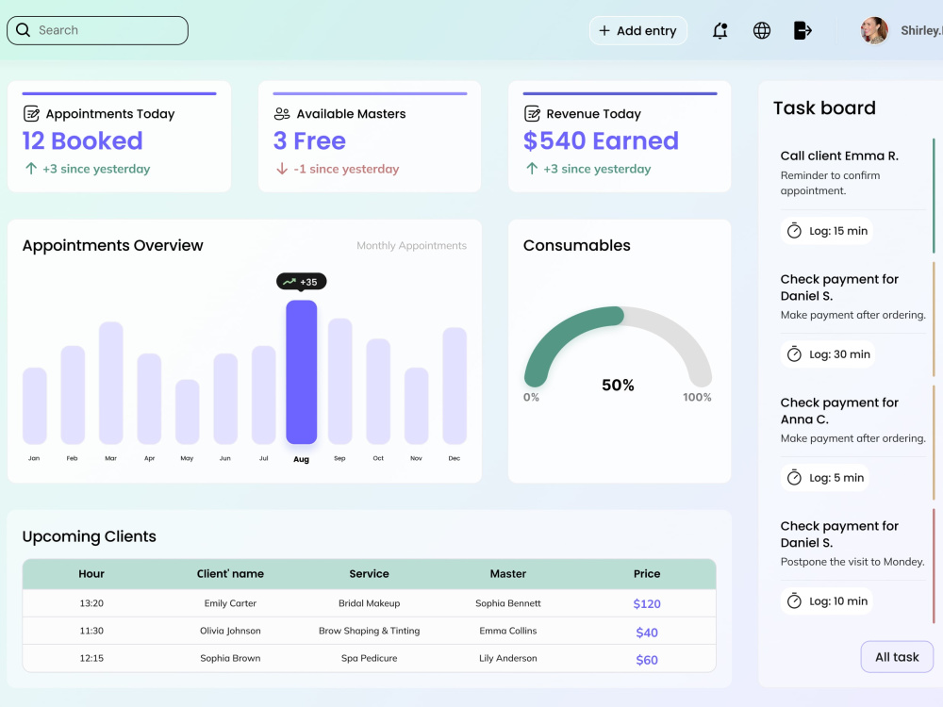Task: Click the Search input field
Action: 97,31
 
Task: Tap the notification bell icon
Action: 720,31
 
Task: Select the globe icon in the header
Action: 762,31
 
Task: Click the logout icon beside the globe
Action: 802,30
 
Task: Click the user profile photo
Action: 874,30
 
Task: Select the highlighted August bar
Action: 302,371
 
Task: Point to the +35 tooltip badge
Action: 302,281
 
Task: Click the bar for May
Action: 187,412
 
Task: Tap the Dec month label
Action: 455,458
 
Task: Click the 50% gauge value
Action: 618,385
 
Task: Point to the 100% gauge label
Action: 697,398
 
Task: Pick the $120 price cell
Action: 647,603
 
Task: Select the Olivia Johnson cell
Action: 230,631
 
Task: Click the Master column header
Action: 508,573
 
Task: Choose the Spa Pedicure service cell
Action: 370,658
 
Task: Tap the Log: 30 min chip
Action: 828,354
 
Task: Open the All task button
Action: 897,657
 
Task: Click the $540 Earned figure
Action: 601,140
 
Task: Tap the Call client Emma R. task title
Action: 839,156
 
